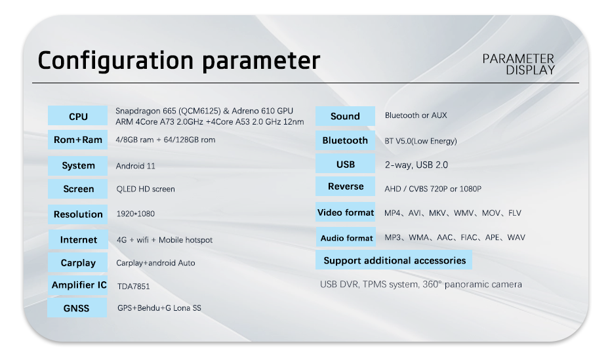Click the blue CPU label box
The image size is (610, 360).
click(78, 115)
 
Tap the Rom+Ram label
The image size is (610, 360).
click(78, 140)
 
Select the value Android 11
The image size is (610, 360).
click(135, 166)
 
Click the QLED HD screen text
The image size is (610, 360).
click(146, 189)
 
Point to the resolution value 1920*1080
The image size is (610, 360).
click(135, 213)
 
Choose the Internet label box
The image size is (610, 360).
click(78, 239)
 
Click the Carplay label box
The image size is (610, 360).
click(78, 262)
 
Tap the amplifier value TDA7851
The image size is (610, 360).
click(133, 287)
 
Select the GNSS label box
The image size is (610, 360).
click(77, 308)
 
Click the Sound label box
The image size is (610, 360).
click(345, 116)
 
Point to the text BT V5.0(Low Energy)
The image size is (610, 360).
click(420, 141)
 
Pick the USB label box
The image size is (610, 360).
click(346, 164)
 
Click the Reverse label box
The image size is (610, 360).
click(346, 187)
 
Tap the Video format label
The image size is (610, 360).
click(346, 212)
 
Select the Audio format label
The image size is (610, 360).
click(346, 237)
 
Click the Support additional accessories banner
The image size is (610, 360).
click(394, 260)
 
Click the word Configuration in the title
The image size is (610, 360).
click(115, 60)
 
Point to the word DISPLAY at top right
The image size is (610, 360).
click(530, 70)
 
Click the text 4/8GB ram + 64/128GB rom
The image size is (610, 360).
click(165, 140)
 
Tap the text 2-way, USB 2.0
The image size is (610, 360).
click(417, 165)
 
